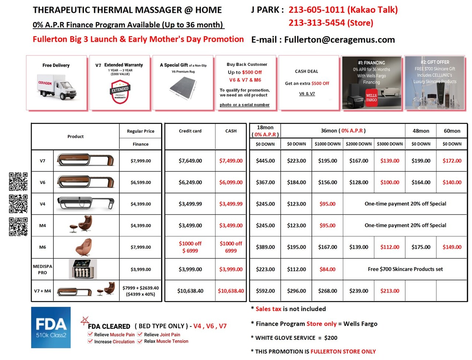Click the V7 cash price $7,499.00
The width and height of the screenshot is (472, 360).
coord(231,161)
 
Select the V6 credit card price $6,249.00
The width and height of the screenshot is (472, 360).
coord(190,182)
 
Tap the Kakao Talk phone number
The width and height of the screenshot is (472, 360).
coord(343,10)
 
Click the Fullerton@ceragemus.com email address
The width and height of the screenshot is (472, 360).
coord(339,40)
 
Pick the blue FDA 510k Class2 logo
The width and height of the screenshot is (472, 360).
coord(51,328)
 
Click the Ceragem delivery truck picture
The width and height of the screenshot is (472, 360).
coord(57,87)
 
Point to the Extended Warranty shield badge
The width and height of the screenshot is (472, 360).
coord(120,91)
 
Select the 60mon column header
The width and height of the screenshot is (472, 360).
coord(452,131)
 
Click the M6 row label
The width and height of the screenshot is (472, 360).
coord(42,247)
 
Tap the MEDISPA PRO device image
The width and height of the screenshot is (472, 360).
coord(83,269)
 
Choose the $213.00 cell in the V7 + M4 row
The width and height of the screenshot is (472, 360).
coord(390,291)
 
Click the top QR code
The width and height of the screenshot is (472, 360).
coord(18,182)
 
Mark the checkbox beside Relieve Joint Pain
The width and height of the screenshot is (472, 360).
coord(140,335)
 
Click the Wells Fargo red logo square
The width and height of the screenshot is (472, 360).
coord(371,98)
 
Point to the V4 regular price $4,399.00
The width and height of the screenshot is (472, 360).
coord(140,204)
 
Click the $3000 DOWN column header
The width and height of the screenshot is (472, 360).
coord(390,144)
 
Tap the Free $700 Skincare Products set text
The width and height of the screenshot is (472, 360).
coord(405,269)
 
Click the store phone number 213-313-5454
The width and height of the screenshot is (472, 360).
coord(331,23)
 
